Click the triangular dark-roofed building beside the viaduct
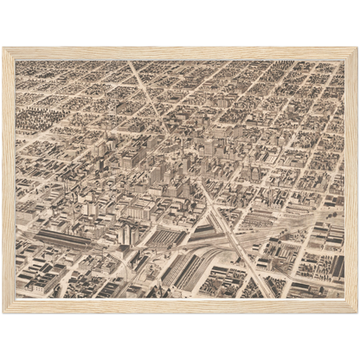click(201, 230)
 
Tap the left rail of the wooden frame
click(9, 179)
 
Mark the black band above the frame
click(180, 22)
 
